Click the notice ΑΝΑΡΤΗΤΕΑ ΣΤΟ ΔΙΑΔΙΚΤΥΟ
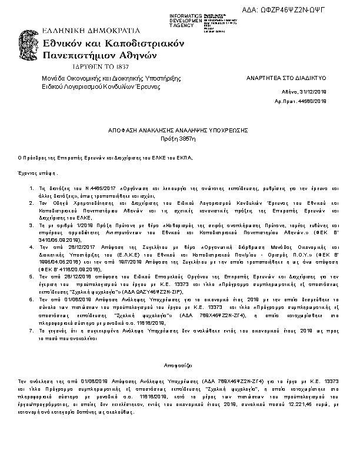286,78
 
